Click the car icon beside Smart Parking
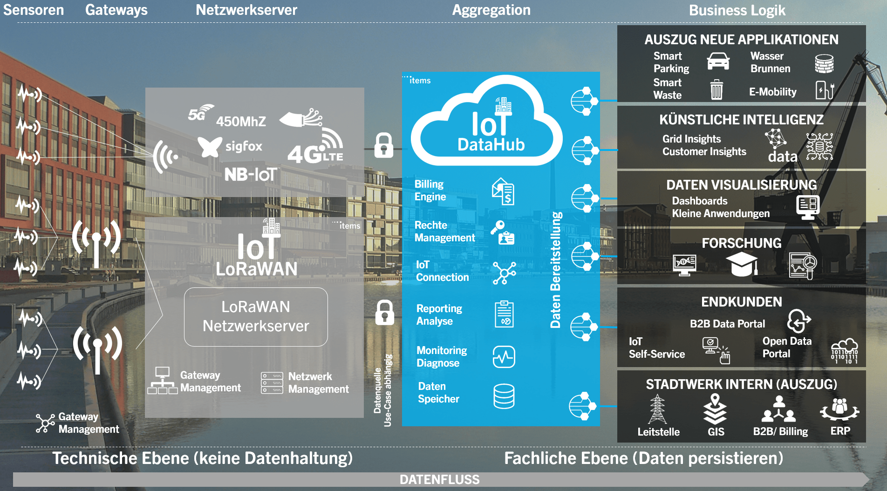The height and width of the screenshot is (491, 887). [x=718, y=61]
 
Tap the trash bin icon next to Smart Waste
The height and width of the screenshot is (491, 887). [x=716, y=89]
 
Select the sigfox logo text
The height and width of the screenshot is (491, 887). [x=244, y=146]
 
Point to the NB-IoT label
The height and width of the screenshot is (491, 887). [x=251, y=175]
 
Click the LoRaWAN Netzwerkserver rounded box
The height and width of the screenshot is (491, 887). [x=256, y=317]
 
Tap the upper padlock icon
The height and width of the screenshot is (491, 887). [x=384, y=145]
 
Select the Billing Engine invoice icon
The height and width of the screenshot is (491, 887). [x=503, y=191]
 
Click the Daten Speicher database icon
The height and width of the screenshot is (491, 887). [x=504, y=396]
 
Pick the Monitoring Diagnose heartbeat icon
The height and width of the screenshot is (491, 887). [x=504, y=357]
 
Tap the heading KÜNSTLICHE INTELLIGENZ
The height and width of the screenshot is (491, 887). [x=741, y=120]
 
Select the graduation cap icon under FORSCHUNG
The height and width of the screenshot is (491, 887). [x=742, y=264]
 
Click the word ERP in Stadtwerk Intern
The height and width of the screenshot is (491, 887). [x=840, y=431]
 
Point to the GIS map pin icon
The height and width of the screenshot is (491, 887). [x=715, y=408]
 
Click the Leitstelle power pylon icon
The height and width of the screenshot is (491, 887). [x=657, y=409]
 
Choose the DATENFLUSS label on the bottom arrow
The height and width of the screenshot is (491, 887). [x=439, y=480]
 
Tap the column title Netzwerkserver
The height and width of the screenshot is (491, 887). [x=246, y=10]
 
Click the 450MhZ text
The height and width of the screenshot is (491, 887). [x=241, y=122]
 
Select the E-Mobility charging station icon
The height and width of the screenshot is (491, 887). [x=824, y=90]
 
